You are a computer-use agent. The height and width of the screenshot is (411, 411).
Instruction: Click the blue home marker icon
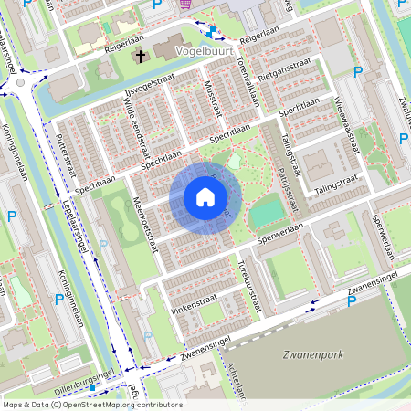(205, 197)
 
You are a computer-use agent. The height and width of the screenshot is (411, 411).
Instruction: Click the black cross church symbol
(141, 57)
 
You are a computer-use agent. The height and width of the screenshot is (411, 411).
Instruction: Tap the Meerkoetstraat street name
(145, 225)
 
